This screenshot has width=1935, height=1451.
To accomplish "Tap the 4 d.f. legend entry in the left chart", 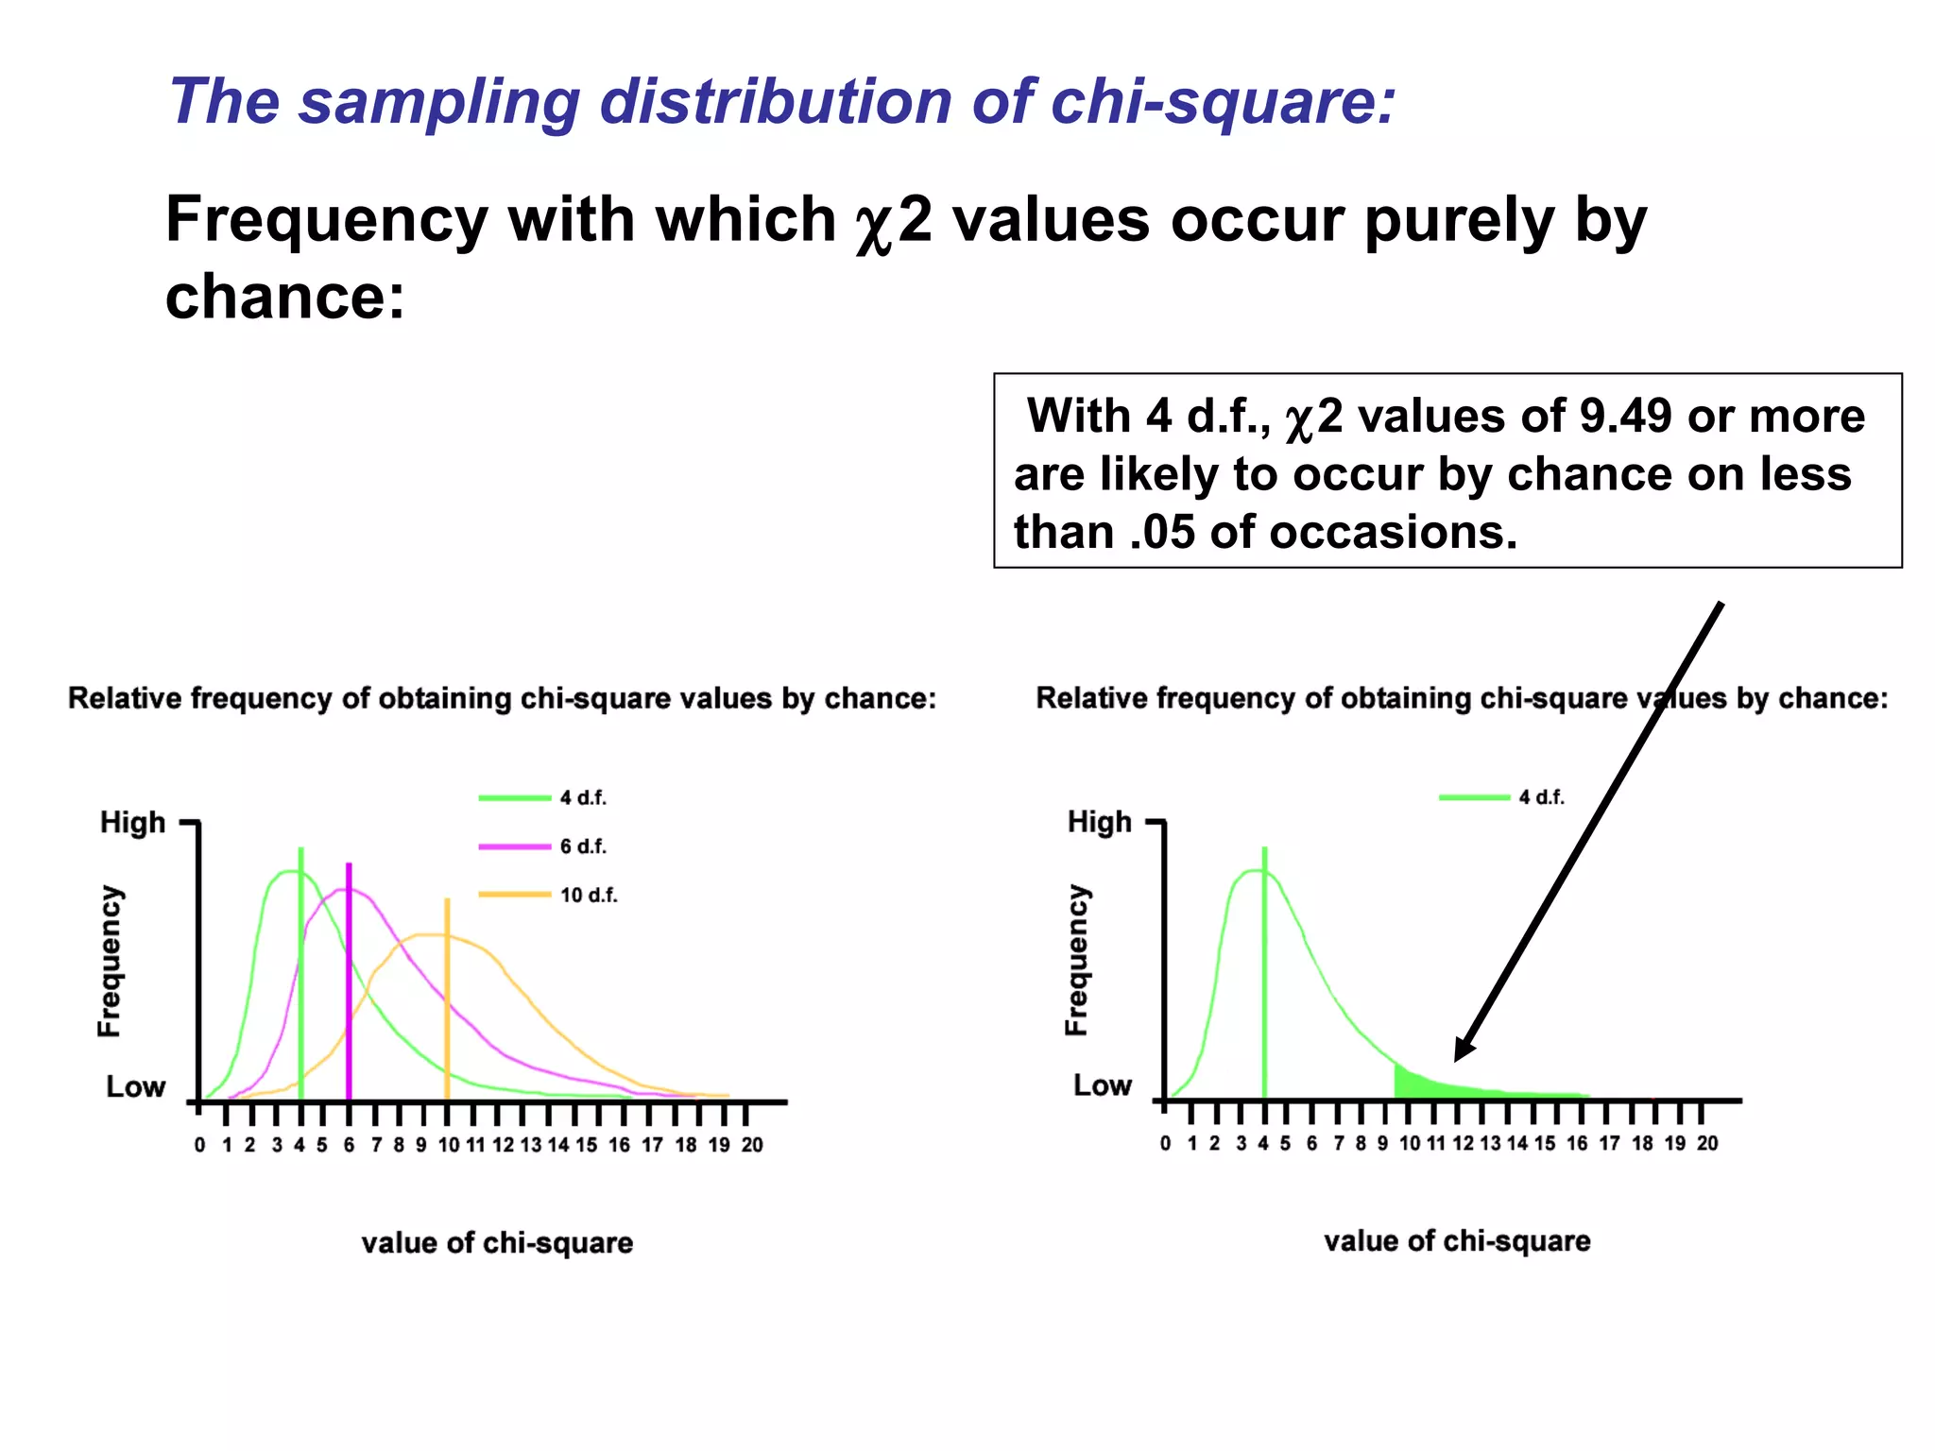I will [x=543, y=798].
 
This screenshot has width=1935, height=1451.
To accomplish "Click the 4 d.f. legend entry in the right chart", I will [x=1502, y=797].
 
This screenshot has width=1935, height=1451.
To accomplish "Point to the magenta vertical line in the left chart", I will [x=349, y=982].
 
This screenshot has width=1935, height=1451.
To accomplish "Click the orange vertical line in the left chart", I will [x=447, y=1001].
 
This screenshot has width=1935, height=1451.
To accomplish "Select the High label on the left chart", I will [x=132, y=823].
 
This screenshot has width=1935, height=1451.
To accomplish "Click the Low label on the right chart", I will [x=1102, y=1085].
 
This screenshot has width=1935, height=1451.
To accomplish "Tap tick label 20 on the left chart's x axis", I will [x=752, y=1145].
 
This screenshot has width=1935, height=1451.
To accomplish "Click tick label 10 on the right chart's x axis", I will [x=1409, y=1144].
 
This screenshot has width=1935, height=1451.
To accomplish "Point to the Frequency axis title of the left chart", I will [x=111, y=961].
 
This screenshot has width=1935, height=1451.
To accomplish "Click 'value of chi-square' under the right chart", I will [x=1456, y=1241].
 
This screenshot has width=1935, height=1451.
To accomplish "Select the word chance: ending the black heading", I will [x=284, y=297].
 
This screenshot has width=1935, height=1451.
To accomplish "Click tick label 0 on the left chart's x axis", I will [x=199, y=1145].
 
